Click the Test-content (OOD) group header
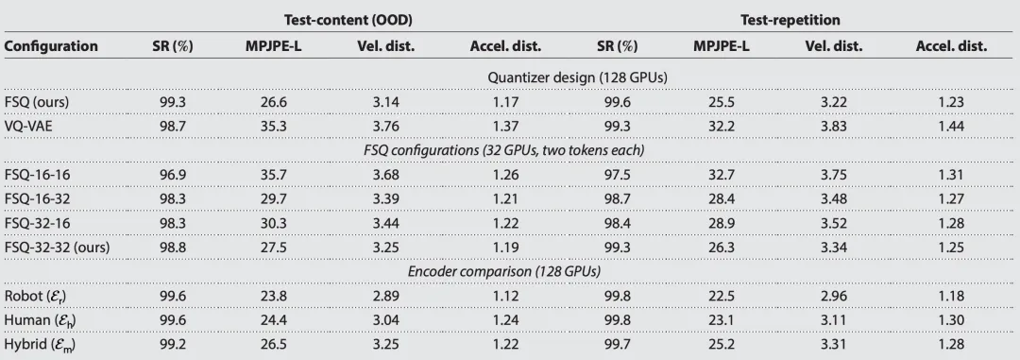point(348,20)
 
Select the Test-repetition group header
point(790,20)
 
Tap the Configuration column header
point(51,46)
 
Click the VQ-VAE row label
point(28,127)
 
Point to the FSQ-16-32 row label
point(37,198)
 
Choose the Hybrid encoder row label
point(39,345)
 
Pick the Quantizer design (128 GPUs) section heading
point(578,77)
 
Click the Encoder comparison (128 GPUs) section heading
point(504,271)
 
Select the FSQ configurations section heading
point(504,150)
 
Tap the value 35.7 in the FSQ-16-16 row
point(273,175)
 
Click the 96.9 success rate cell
point(173,175)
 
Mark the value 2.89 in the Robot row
point(385,296)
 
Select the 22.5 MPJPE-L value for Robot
point(722,296)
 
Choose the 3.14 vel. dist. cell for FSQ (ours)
point(385,102)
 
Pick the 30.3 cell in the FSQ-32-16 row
point(273,223)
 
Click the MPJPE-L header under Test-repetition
point(722,46)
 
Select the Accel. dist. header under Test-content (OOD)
point(505,46)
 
